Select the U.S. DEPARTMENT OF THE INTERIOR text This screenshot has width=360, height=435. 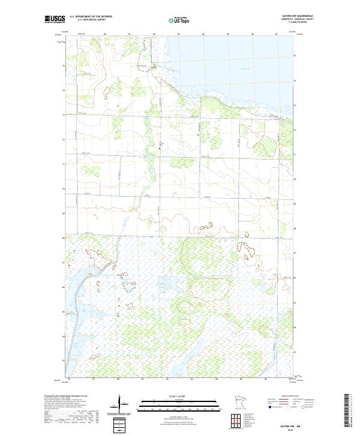click(x=91, y=17)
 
